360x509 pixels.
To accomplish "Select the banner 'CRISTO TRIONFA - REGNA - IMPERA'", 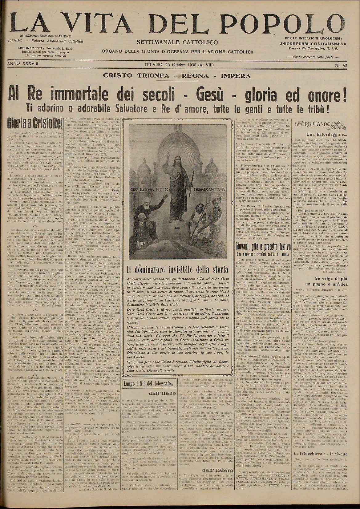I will coord(177,76).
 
